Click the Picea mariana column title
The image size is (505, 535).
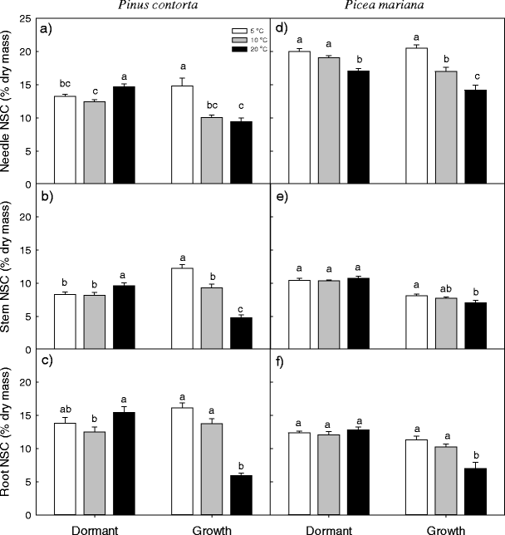pyautogui.click(x=385, y=7)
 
